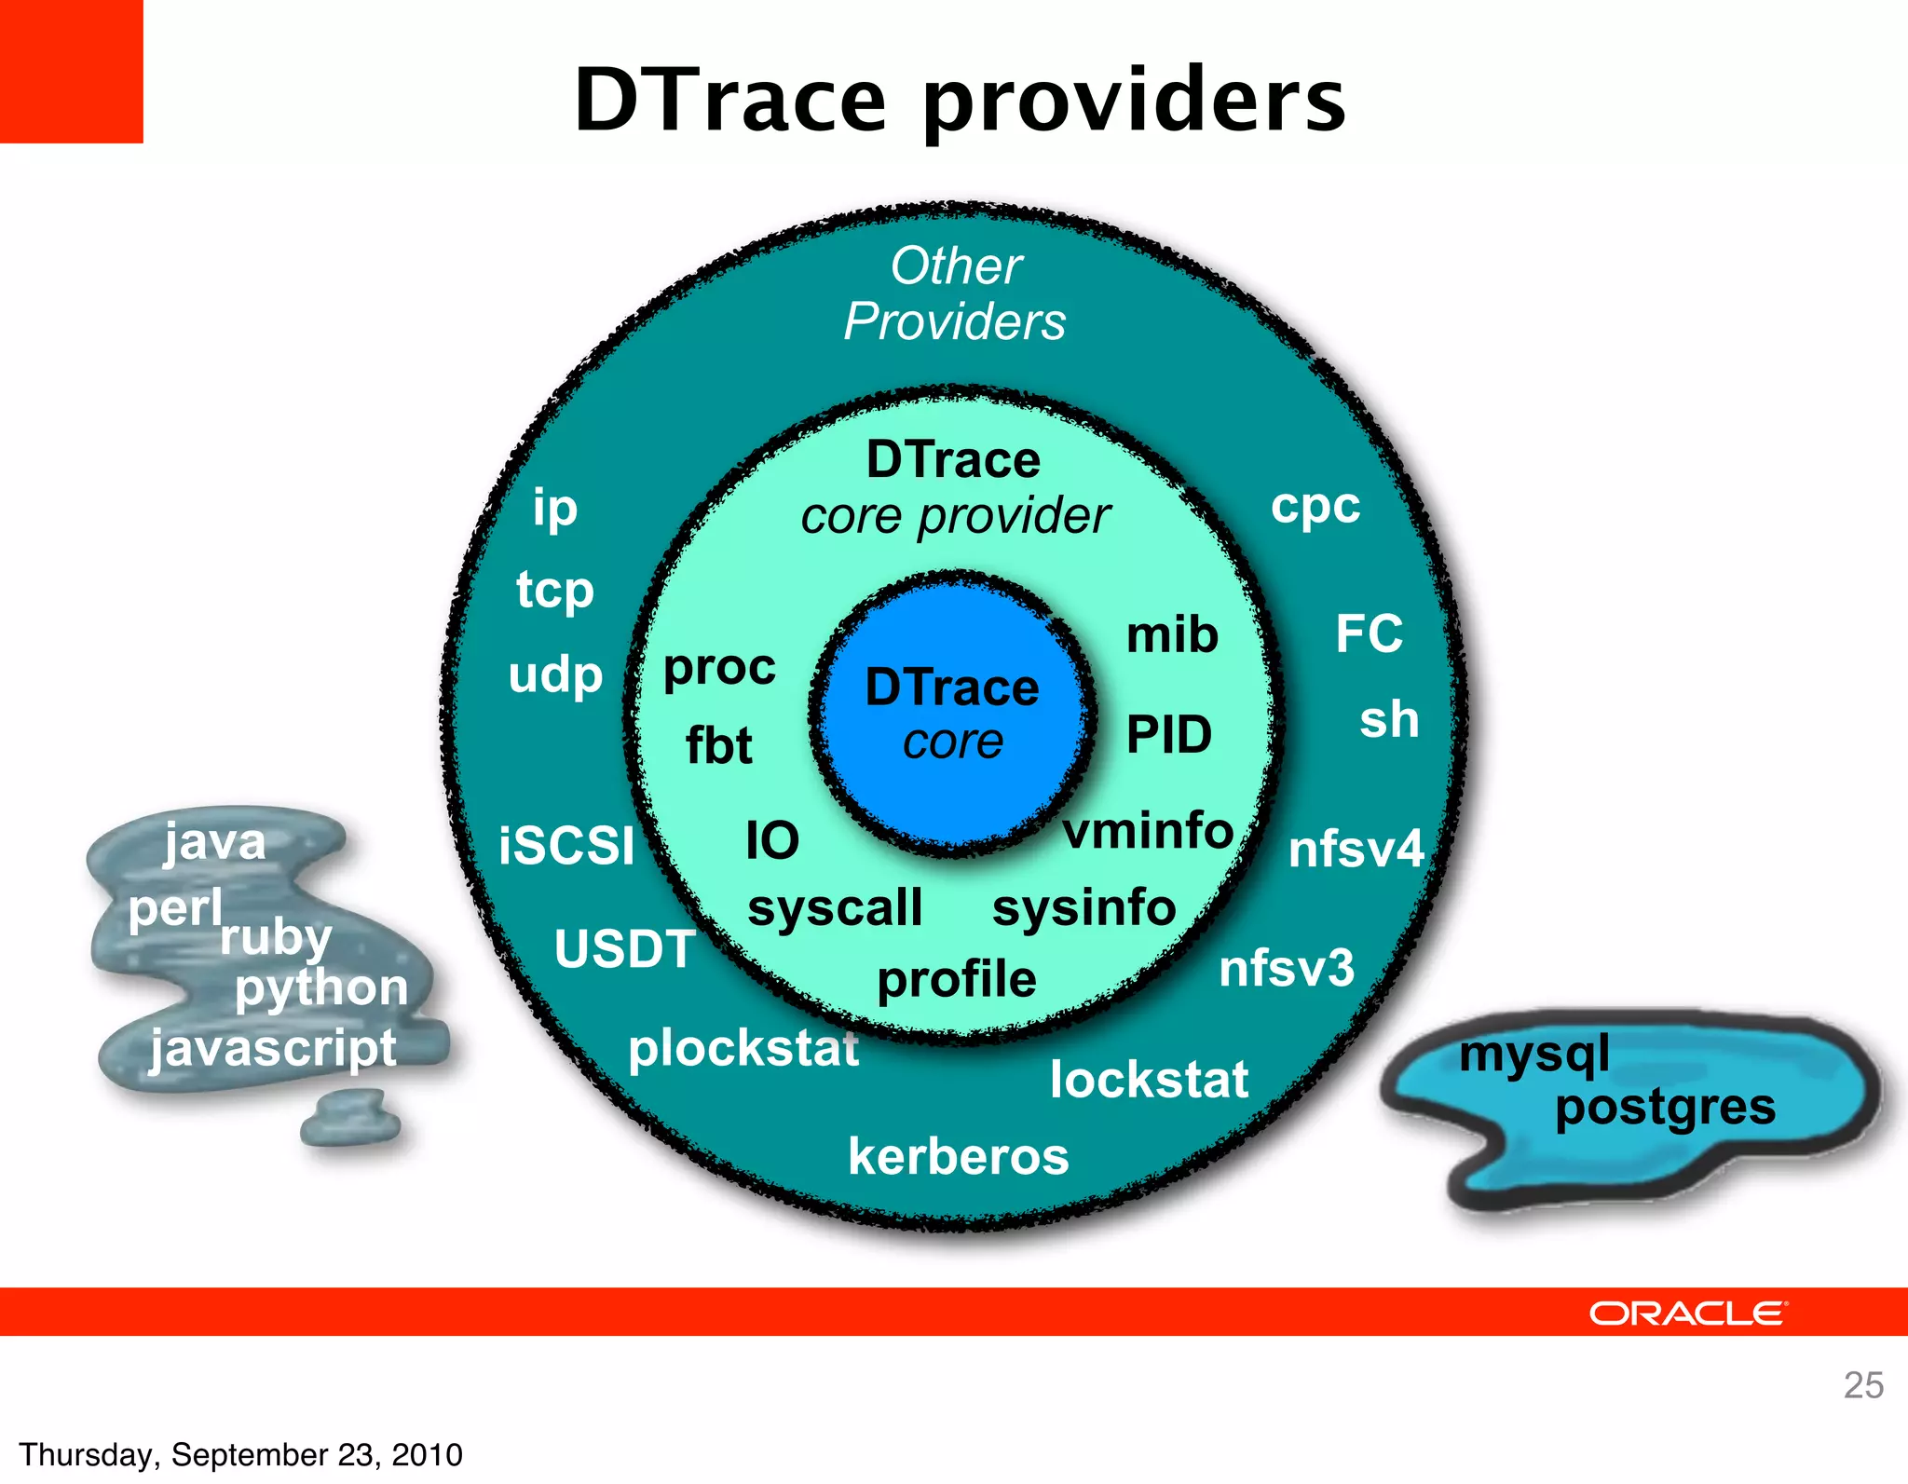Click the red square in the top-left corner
click(71, 71)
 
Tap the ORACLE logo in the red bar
click(1687, 1313)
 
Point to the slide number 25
click(1862, 1385)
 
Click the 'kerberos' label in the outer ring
click(959, 1157)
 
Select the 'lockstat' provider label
click(1149, 1080)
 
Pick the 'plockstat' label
click(743, 1049)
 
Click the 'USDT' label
click(624, 949)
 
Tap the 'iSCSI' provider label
click(566, 846)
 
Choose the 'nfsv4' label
click(1356, 850)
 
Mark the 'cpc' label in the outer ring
click(1315, 507)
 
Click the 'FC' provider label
click(1369, 633)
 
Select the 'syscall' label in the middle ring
click(835, 908)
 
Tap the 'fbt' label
click(718, 745)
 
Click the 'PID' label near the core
click(1169, 734)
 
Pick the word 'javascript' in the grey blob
click(274, 1049)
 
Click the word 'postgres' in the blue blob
click(1665, 1108)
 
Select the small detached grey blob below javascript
click(351, 1118)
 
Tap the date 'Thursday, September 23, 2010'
click(240, 1454)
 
